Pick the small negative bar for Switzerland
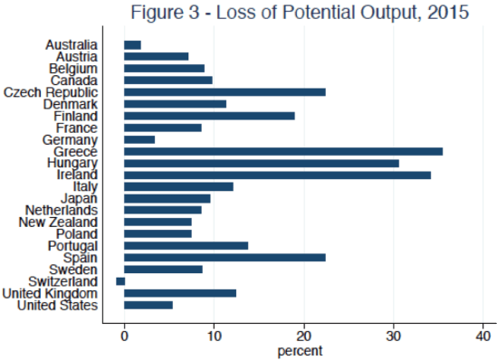tap(120, 281)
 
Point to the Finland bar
tap(209, 115)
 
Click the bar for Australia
tap(132, 44)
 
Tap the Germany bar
tap(139, 139)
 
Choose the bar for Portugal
tap(186, 246)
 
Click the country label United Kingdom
tap(50, 293)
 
